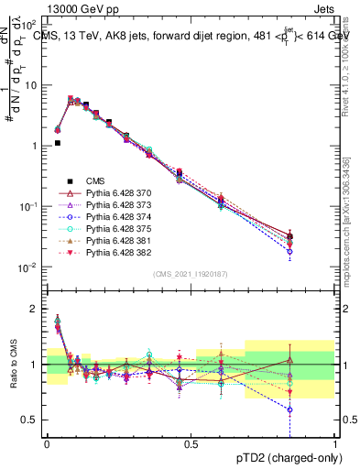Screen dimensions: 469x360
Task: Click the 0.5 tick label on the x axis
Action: (191, 442)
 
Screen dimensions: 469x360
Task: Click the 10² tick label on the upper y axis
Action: (31, 24)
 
